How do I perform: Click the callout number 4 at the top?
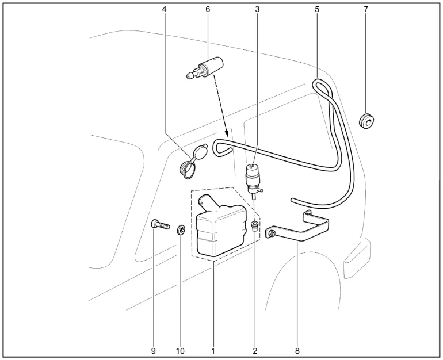(164, 9)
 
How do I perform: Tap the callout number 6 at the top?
(208, 9)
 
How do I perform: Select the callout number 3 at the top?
(257, 9)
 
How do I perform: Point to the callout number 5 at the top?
(317, 9)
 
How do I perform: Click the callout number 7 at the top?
(366, 9)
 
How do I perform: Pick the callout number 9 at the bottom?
(154, 351)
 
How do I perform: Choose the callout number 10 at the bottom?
(180, 351)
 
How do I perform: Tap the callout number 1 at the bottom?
(213, 351)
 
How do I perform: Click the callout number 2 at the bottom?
(255, 351)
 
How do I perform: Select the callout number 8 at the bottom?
(297, 351)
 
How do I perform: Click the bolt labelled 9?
(161, 225)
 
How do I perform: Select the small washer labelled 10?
(181, 229)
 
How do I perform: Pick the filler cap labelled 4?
(193, 162)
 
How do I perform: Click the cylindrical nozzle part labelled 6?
(205, 68)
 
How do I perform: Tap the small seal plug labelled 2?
(255, 225)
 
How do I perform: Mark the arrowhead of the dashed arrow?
(227, 131)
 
